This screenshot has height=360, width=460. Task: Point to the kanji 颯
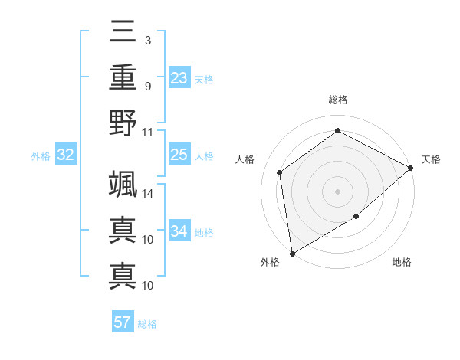123,184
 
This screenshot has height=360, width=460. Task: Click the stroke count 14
148,193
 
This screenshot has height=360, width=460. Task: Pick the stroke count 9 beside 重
148,85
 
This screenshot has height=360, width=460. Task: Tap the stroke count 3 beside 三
148,40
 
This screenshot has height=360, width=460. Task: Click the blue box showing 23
179,77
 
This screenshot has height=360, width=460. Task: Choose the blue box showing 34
179,231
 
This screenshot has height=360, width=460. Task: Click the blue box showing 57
123,322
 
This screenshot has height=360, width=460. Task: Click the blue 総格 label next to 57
147,324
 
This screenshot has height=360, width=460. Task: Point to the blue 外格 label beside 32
41,156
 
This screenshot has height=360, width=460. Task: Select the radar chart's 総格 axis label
337,100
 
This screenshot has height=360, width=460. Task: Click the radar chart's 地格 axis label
402,263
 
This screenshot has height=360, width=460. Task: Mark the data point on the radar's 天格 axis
411,168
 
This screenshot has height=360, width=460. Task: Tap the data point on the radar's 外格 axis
292,253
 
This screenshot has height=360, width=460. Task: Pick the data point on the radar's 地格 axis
356,217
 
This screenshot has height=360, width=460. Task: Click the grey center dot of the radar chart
337,191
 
